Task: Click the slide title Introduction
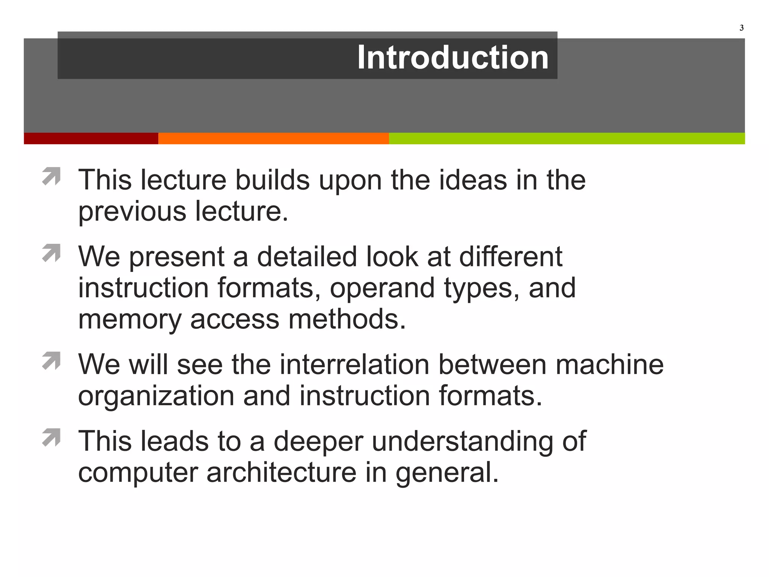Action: [x=452, y=57]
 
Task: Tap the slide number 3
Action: [x=741, y=28]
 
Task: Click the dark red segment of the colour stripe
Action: [x=91, y=138]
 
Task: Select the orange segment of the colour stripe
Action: [x=273, y=138]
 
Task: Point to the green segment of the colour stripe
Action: [x=567, y=138]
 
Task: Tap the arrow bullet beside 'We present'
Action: [x=51, y=253]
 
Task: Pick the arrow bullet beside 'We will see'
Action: [x=51, y=361]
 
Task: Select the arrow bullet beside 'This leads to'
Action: [x=51, y=437]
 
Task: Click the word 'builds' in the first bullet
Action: [x=272, y=180]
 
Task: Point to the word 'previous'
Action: [x=132, y=212]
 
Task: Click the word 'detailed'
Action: [x=307, y=257]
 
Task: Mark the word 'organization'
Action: [x=156, y=397]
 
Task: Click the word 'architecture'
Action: [x=281, y=473]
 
